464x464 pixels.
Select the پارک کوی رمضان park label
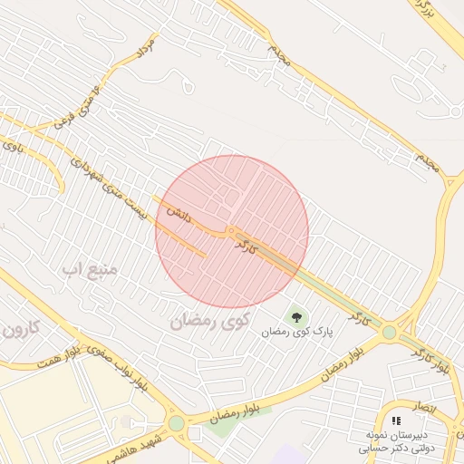pos(298,333)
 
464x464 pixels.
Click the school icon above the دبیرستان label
pos(396,421)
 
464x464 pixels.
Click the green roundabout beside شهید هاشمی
pos(176,423)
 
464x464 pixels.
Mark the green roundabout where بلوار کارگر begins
pos(389,333)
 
